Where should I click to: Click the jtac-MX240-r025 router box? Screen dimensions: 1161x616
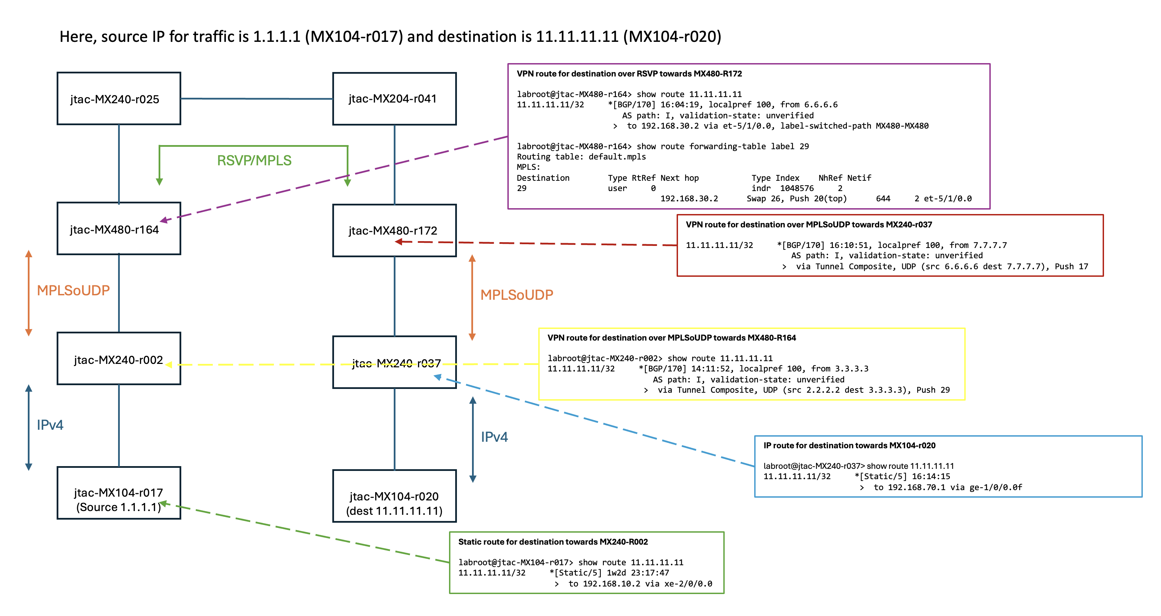coord(119,99)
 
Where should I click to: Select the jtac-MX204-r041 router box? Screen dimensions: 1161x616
coord(394,99)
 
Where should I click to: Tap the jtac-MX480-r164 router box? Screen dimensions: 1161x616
coord(119,229)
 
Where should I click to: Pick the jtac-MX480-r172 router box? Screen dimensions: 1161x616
coord(394,230)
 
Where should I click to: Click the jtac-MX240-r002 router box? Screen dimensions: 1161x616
coord(119,359)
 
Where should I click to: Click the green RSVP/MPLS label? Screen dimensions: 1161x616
coord(254,160)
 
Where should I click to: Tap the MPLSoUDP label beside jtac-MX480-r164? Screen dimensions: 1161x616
coord(73,291)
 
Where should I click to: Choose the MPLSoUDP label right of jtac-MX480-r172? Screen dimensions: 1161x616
coord(517,295)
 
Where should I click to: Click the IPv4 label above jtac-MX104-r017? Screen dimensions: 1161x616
coord(50,425)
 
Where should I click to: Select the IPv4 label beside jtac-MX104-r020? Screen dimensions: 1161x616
coord(494,437)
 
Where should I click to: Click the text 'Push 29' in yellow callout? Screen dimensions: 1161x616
coord(933,390)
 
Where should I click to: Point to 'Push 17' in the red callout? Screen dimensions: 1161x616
coord(1071,266)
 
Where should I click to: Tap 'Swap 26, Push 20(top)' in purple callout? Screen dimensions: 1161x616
coord(797,199)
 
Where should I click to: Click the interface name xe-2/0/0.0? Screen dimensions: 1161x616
coord(688,583)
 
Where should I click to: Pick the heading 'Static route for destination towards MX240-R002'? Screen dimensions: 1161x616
coord(553,542)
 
